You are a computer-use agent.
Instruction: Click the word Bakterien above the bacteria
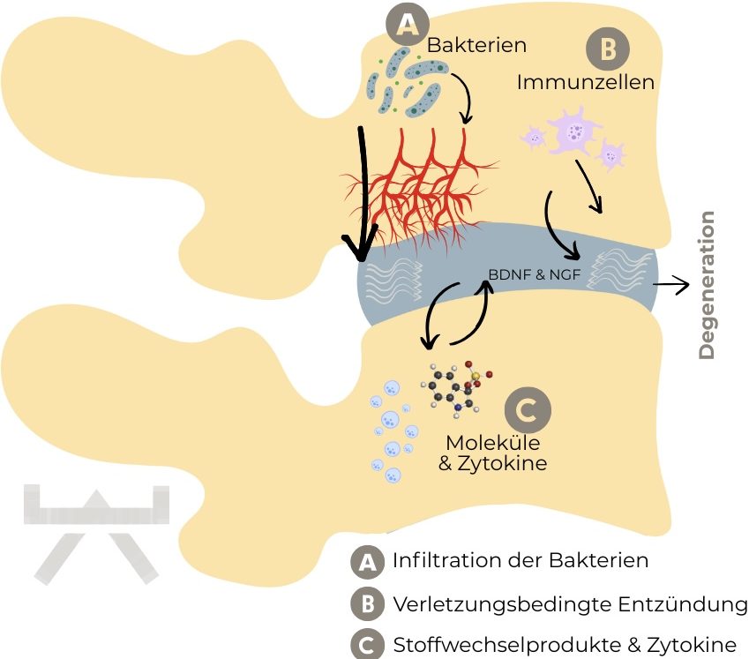pos(476,43)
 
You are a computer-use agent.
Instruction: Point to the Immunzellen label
pos(585,83)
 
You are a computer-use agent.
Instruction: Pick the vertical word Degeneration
pos(707,284)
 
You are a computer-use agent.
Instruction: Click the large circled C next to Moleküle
pos(527,410)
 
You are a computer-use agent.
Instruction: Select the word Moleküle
pos(493,442)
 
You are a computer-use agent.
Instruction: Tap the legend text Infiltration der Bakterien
pos(521,560)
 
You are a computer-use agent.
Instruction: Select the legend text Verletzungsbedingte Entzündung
pos(569,605)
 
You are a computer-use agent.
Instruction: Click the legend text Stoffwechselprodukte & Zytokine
pos(565,645)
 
